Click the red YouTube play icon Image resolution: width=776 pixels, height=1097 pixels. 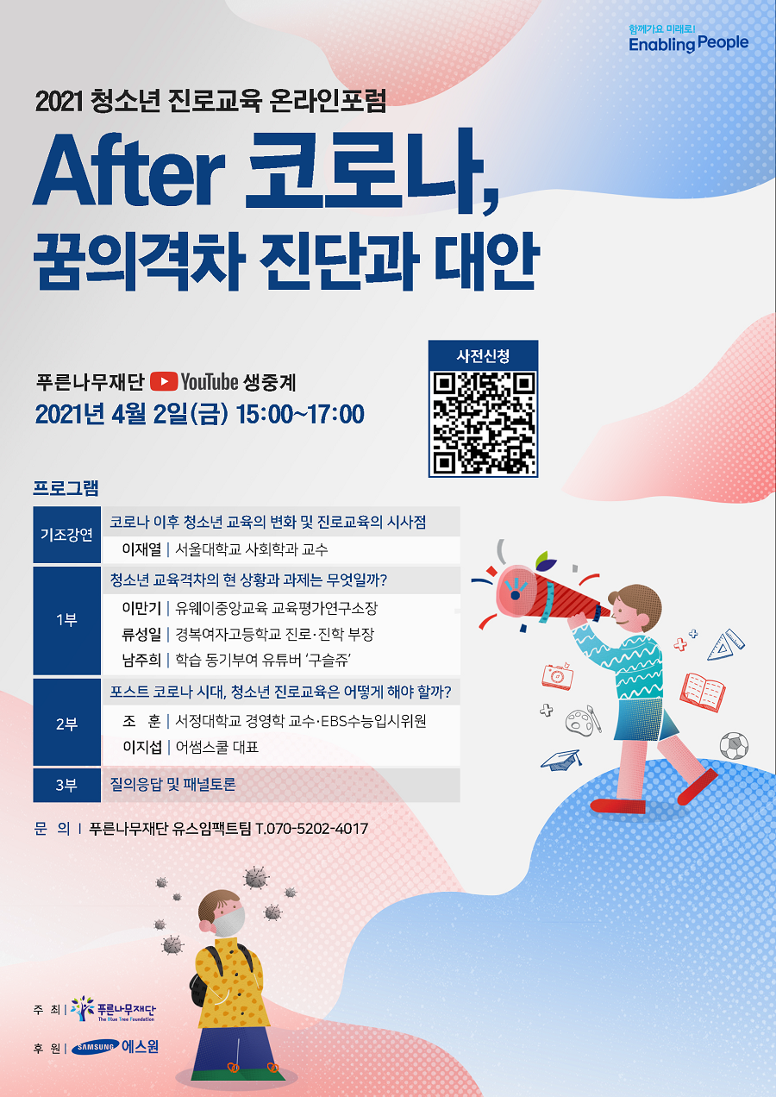coord(164,382)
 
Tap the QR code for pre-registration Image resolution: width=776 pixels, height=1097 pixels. coord(483,423)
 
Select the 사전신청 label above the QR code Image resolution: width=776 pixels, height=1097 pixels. coord(483,355)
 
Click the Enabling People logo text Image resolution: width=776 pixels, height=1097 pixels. coord(688,44)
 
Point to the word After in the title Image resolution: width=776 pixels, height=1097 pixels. coord(129,172)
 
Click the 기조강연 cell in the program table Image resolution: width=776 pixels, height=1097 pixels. coord(66,535)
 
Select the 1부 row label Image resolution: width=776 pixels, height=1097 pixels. coord(66,620)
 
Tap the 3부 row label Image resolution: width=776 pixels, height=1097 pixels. coord(66,785)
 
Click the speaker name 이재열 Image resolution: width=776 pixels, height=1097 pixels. coord(141,549)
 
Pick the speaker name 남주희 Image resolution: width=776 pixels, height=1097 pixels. coord(141,660)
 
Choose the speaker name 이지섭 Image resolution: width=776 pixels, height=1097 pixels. coord(142,747)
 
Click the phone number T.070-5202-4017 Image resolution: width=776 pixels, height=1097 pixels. coord(312,829)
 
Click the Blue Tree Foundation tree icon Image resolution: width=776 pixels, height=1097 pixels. coord(82,1008)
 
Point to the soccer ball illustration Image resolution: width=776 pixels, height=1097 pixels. coord(734,745)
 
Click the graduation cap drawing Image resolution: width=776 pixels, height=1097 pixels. coord(561,760)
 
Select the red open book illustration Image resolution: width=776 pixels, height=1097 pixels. coord(703,692)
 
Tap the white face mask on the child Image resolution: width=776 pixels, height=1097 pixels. coord(228,921)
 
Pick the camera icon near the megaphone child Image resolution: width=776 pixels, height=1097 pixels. coord(557,676)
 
